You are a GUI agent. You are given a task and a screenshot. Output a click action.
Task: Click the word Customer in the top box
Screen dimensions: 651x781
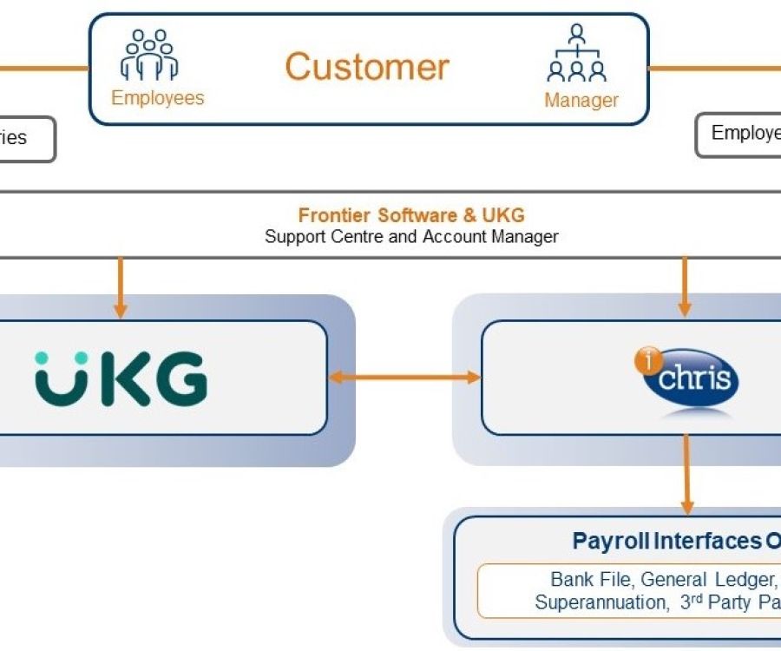(367, 67)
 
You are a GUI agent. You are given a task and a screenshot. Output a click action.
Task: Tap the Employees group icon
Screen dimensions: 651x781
(149, 56)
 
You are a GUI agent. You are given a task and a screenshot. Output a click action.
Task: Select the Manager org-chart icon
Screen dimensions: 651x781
(577, 54)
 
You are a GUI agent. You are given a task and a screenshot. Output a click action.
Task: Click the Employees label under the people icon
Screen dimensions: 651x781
(158, 97)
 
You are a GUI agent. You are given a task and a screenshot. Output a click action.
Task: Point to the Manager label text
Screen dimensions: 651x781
(581, 100)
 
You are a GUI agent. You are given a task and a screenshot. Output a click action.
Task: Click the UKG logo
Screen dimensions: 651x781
(121, 378)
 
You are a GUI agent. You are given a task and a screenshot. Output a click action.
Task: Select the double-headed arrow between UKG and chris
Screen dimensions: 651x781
(404, 377)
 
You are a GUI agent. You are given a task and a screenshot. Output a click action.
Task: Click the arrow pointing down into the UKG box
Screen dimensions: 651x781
(121, 287)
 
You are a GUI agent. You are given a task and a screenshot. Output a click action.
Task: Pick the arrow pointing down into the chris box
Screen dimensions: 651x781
(685, 286)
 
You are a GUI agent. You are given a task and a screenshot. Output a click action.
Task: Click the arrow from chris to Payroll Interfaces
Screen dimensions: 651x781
(687, 474)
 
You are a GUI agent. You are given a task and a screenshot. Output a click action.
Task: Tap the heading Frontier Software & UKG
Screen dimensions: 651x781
(411, 215)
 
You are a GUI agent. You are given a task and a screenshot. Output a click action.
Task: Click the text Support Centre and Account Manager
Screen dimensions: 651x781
(411, 236)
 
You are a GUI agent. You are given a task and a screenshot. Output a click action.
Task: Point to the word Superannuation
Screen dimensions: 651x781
(601, 602)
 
